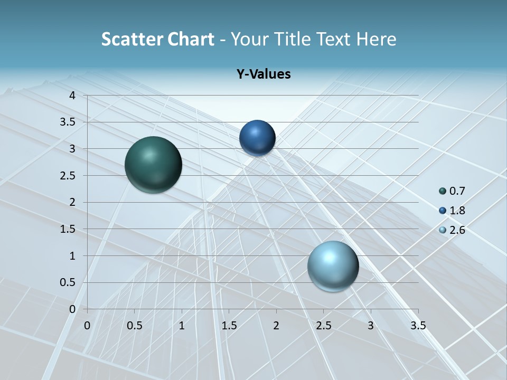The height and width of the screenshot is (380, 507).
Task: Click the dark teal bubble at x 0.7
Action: pos(153,165)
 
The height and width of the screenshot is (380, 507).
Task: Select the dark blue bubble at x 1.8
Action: pos(257,138)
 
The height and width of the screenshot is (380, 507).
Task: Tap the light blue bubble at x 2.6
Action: pos(333,266)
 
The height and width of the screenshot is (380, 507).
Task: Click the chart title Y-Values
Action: pos(264,74)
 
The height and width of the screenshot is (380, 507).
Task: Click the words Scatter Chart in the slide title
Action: pos(157,39)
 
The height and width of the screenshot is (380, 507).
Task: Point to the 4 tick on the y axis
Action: pos(72,96)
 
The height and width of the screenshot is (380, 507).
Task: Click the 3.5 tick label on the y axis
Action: pos(69,122)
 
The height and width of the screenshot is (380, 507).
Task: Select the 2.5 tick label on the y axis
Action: pos(69,175)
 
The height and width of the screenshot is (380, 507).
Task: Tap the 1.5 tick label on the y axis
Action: pos(69,229)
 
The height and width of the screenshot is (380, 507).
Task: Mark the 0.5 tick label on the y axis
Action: pos(69,282)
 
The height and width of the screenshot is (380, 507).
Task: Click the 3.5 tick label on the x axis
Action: pos(418,326)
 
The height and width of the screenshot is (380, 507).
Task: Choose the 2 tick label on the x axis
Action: pos(276,326)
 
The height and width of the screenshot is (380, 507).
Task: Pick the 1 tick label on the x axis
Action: pos(182,326)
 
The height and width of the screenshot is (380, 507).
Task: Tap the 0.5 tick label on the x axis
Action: pos(135,326)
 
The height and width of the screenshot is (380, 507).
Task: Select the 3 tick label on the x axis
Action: pos(371,326)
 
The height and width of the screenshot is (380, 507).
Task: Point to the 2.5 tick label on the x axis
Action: pos(323,326)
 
